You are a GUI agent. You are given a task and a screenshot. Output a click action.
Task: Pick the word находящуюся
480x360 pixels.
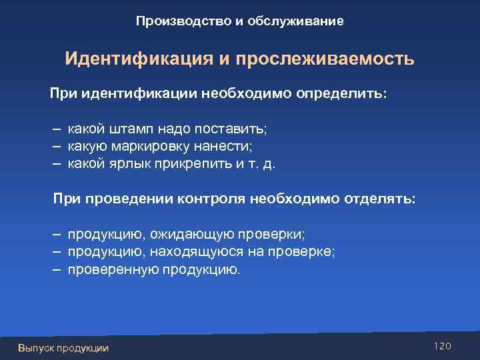pyautogui.click(x=191, y=252)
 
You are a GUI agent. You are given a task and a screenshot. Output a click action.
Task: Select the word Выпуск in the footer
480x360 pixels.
pyautogui.click(x=37, y=348)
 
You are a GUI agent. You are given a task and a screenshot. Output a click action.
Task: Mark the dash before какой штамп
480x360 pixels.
pyautogui.click(x=57, y=128)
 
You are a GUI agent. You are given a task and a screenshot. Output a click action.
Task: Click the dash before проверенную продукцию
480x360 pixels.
pyautogui.click(x=57, y=269)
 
